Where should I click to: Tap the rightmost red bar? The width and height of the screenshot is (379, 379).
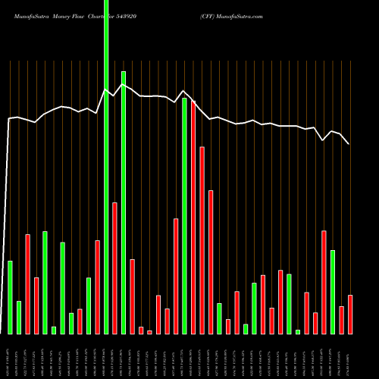[350, 314]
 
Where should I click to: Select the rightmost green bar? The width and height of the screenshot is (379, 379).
[333, 292]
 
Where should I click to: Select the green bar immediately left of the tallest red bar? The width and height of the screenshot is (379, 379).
[184, 216]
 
